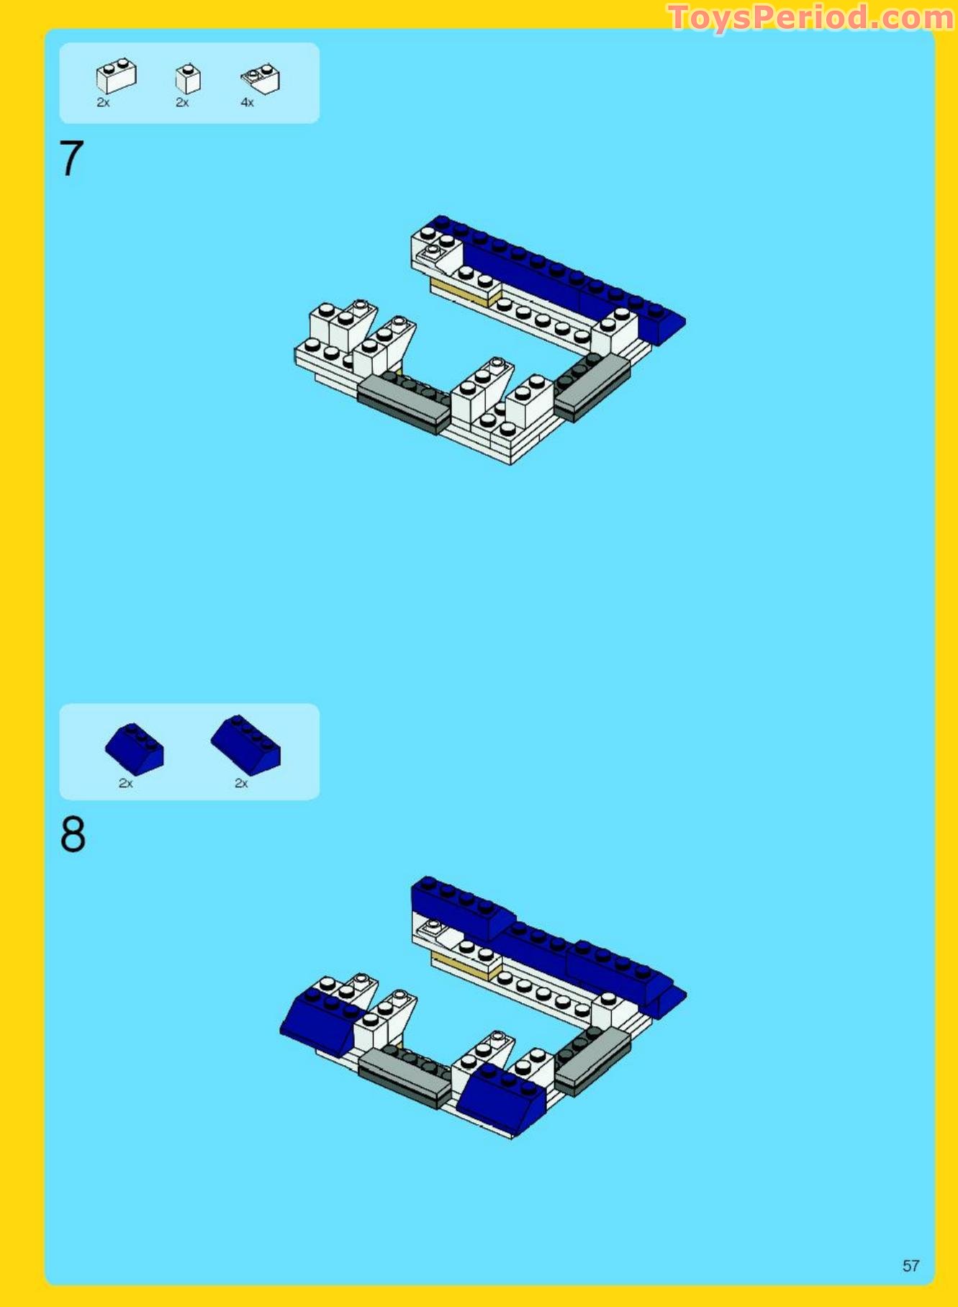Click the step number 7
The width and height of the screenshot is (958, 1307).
tap(71, 158)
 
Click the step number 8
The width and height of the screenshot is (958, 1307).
tap(73, 835)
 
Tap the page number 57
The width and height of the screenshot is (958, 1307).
tap(910, 1265)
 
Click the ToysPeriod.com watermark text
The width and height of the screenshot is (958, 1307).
tap(811, 17)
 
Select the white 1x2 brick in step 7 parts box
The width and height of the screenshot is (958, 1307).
tap(116, 76)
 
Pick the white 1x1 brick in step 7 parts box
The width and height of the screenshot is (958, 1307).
tap(188, 78)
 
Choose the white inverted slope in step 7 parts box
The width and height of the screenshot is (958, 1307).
tap(261, 78)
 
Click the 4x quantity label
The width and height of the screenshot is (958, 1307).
tap(247, 103)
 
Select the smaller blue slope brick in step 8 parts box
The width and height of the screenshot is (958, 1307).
tap(135, 749)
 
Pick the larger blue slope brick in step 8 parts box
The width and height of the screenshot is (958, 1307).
tap(245, 745)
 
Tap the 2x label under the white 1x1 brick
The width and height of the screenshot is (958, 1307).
tap(182, 103)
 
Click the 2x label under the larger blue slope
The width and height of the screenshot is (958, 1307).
tap(241, 783)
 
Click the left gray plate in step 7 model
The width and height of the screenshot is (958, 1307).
tap(404, 403)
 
